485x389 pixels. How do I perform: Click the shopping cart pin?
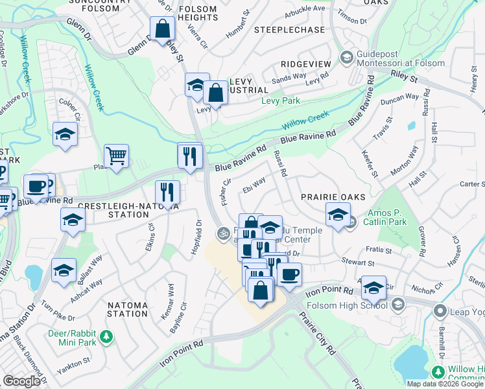click(116, 156)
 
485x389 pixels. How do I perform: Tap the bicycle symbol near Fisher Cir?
click(223, 231)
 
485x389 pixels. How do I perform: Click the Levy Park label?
click(280, 101)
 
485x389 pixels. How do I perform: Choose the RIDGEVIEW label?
click(306, 64)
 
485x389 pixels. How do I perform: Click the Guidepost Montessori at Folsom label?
click(401, 58)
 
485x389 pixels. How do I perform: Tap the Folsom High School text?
click(349, 305)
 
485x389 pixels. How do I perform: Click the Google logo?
click(21, 381)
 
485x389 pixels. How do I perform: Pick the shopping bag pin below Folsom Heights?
click(161, 29)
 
